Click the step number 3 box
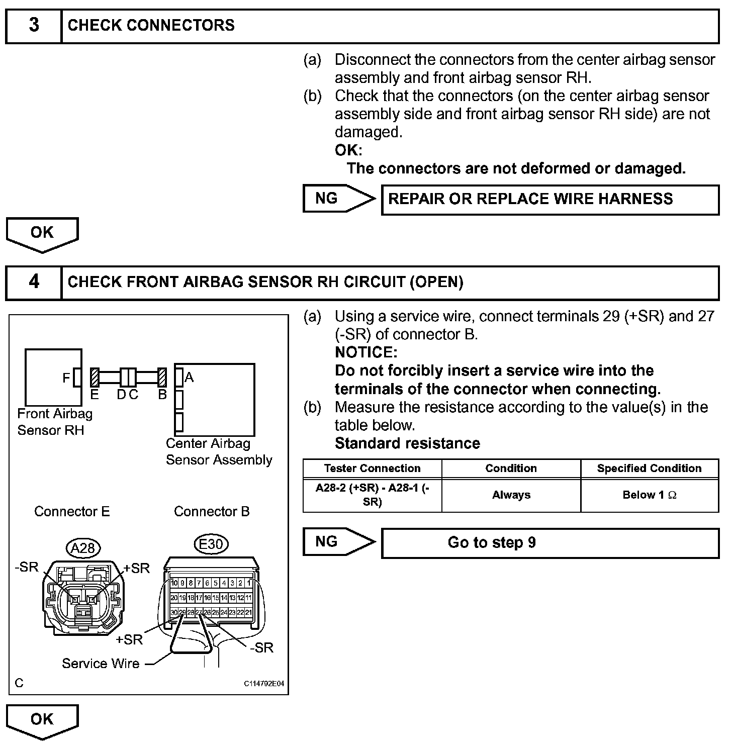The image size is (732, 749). [34, 25]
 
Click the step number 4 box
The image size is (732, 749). [34, 282]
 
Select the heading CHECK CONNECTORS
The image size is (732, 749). [151, 25]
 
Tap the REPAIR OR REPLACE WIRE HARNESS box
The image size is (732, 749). [550, 199]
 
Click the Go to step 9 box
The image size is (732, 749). [550, 543]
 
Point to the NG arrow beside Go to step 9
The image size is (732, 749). [338, 542]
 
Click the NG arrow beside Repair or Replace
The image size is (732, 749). [338, 199]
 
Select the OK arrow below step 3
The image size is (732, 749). [42, 234]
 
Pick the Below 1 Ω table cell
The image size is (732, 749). [650, 495]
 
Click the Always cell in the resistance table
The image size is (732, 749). [511, 495]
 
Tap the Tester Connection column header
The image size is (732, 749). [372, 469]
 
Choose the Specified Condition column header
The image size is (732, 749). [650, 469]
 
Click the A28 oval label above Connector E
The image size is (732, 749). [83, 548]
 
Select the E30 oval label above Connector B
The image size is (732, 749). [211, 544]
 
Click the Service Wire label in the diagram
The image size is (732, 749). [101, 664]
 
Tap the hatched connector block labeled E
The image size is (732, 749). [95, 378]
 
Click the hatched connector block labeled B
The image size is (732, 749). [162, 378]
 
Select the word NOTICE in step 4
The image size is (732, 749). [365, 352]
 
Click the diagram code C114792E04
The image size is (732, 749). [264, 684]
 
